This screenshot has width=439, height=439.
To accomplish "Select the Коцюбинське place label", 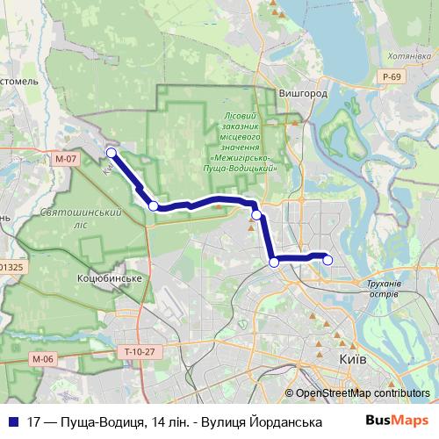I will pyautogui.click(x=110, y=277).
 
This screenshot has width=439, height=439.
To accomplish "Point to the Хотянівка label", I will pyautogui.click(x=401, y=54).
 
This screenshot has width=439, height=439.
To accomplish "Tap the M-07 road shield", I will pyautogui.click(x=65, y=160).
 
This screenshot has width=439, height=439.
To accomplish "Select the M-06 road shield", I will pyautogui.click(x=42, y=358).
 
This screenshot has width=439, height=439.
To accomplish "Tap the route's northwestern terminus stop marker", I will pyautogui.click(x=112, y=153).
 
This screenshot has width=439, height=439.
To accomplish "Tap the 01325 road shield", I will pyautogui.click(x=11, y=266).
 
